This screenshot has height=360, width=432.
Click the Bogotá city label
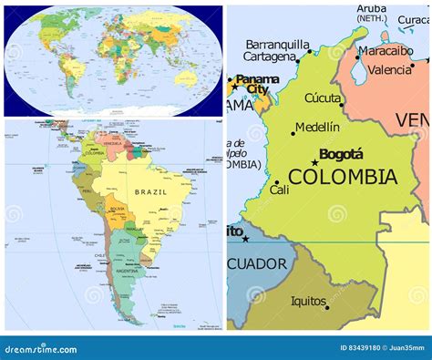point(342,154)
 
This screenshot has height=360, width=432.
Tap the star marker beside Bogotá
point(315,162)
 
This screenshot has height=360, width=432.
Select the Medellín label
point(318,127)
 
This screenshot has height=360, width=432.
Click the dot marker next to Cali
point(277,183)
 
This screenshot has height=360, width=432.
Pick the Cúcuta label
point(323,98)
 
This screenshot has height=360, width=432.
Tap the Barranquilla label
point(278,45)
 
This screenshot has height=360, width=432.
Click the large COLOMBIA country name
point(342,177)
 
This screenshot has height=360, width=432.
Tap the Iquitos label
point(308,301)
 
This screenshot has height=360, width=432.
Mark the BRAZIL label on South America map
point(150,192)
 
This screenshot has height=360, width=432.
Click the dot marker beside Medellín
point(293,133)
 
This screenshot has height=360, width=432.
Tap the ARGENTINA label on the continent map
point(127,271)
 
